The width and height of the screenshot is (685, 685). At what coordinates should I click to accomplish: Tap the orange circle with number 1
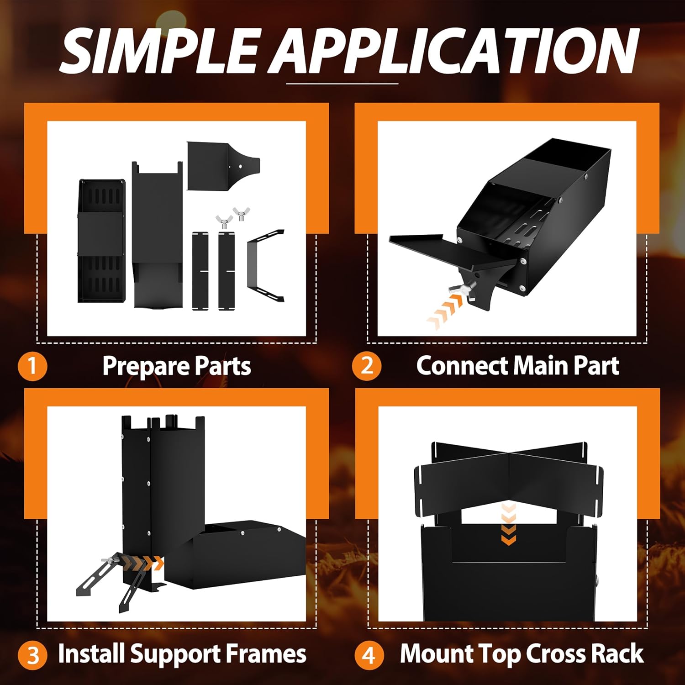click(32, 366)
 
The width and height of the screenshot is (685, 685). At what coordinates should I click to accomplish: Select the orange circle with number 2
click(367, 366)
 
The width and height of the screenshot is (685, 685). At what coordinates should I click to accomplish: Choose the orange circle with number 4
click(369, 655)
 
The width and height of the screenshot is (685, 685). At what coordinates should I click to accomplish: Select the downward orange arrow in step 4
click(508, 524)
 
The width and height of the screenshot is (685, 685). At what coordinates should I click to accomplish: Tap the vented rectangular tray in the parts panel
click(102, 241)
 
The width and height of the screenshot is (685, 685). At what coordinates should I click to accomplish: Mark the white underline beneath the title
click(342, 84)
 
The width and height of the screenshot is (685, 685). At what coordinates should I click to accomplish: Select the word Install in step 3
click(91, 653)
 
